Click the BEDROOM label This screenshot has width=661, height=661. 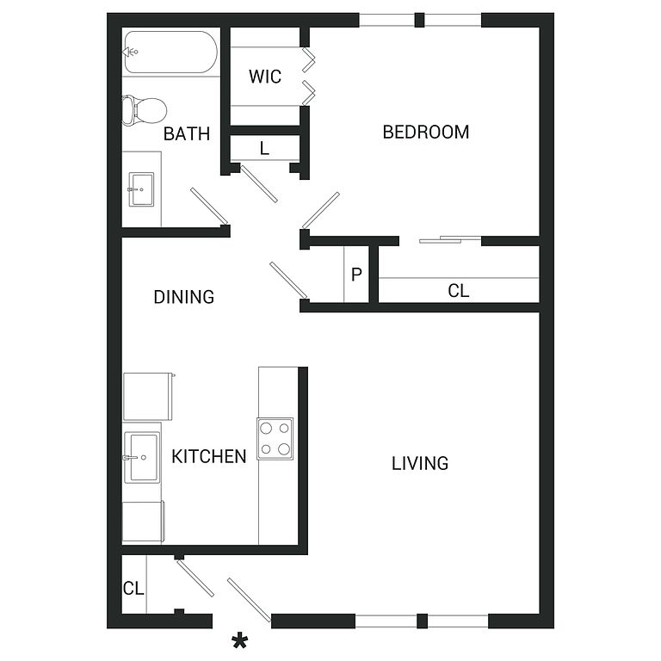426,132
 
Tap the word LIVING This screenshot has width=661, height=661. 420,463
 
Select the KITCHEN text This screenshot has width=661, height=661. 208,456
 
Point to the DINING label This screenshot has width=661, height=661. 184,297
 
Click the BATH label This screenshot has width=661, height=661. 186,134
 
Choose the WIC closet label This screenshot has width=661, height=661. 265,77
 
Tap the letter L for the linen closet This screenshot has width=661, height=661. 264,148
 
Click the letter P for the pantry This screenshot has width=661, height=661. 356,275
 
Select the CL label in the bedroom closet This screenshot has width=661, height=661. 458,291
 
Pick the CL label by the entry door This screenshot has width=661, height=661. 133,588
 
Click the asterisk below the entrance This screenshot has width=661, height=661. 240,641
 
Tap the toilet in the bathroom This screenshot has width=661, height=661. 145,110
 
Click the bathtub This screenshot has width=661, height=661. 170,52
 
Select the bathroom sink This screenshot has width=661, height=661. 141,189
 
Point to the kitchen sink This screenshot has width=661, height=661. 142,457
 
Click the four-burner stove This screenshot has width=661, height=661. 275,439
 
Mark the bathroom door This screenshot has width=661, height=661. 209,207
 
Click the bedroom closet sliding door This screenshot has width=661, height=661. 450,240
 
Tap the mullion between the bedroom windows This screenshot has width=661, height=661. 419,21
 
